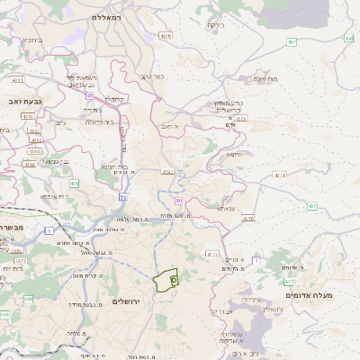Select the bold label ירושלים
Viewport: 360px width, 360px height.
point(128,300)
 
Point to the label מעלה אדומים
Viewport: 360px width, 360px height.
point(309,295)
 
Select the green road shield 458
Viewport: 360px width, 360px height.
point(348,39)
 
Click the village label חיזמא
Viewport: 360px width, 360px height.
point(235,154)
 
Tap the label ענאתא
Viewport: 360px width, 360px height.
point(226,208)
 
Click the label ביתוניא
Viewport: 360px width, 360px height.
point(27,40)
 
